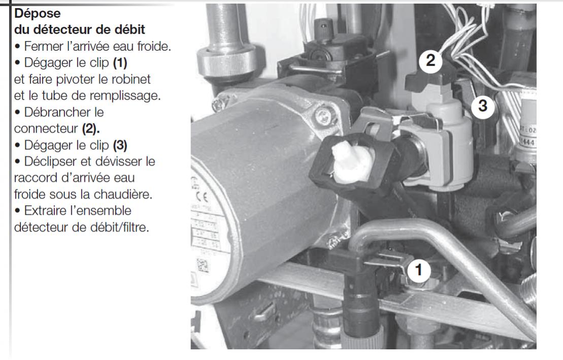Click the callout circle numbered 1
click(x=418, y=270)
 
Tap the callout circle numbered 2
click(x=430, y=60)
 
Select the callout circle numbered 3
click(x=483, y=106)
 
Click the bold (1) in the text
click(x=120, y=63)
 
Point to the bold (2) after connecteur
click(x=90, y=128)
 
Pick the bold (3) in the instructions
click(x=120, y=146)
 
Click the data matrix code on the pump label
click(x=203, y=266)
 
